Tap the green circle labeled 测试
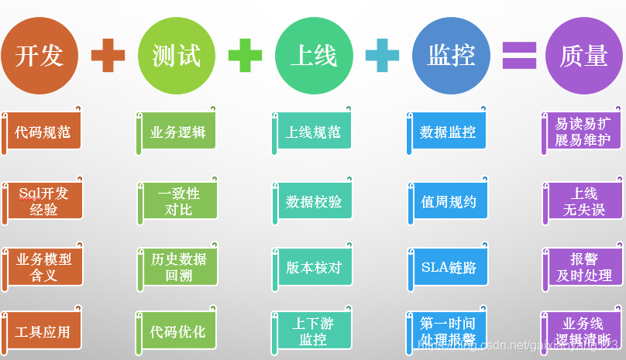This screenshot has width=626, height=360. (176, 55)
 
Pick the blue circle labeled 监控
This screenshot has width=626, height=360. (450, 55)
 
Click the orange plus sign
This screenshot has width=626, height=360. (108, 56)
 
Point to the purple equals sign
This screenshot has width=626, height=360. (519, 56)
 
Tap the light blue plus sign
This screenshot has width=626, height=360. (382, 56)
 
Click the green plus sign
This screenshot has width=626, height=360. (245, 56)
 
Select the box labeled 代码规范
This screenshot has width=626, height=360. (43, 132)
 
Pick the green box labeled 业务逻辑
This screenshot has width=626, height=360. (179, 132)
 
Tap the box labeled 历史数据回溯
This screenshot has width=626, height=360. (179, 267)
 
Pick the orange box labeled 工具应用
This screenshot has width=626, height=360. (43, 331)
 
